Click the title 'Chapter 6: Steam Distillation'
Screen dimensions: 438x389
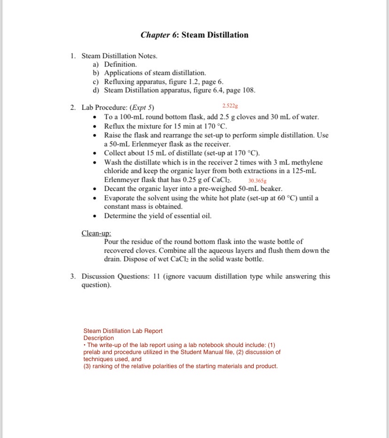(194, 35)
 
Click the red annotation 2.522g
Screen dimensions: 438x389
(230, 106)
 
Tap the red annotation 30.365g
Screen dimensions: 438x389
(257, 181)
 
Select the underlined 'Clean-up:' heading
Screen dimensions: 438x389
(96, 233)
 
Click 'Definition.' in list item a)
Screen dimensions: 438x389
(120, 64)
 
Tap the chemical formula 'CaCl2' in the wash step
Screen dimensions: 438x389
(226, 180)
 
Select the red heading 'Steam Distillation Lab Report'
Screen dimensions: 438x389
(123, 331)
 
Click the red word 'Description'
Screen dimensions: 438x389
(99, 338)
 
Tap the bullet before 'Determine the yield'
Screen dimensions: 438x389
(96, 216)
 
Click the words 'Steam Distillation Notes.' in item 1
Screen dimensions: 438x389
(119, 56)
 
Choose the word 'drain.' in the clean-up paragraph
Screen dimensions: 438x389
(114, 259)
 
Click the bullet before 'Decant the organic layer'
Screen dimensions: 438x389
(96, 189)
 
